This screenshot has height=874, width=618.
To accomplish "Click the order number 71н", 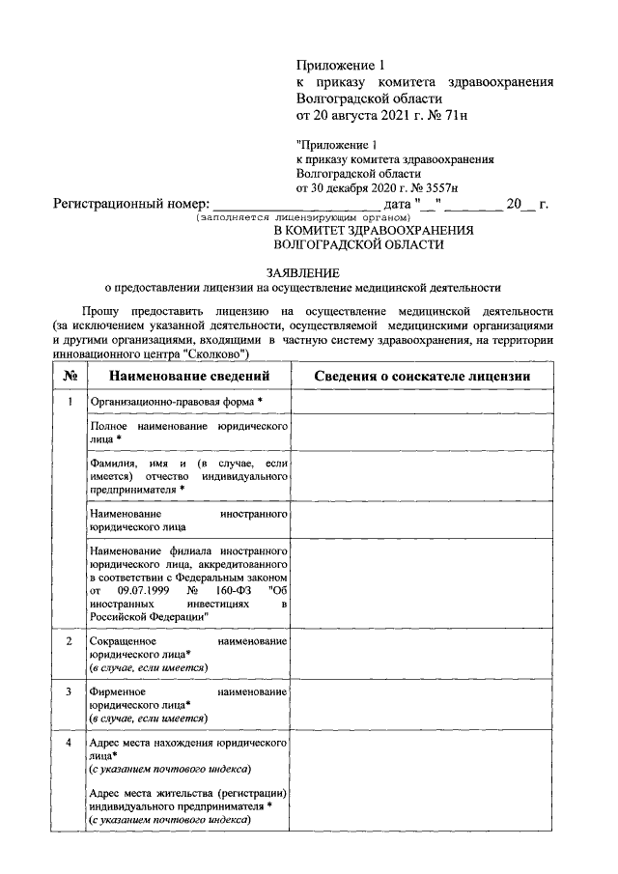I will [x=437, y=116].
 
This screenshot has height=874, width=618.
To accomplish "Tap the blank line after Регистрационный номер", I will [x=295, y=205].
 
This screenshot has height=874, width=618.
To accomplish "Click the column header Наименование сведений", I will [x=188, y=376].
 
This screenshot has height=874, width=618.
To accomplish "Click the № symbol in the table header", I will [x=70, y=376].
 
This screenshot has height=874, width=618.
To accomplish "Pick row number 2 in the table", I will [x=70, y=641].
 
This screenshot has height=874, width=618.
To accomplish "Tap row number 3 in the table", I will [x=70, y=692].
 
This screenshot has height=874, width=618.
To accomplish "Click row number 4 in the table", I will [x=70, y=743].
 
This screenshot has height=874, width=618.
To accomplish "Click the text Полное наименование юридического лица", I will [x=188, y=432].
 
